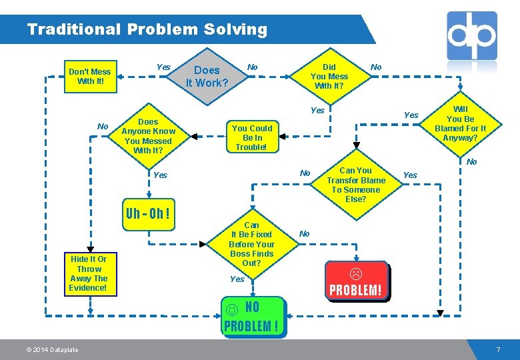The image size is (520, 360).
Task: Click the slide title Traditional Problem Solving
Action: pos(147,30)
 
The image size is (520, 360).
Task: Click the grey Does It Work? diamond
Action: pos(207,77)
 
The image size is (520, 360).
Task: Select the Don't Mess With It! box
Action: pos(90,77)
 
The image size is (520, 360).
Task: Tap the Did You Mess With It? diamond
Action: pos(329,77)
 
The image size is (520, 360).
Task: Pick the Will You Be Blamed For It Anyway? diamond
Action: pos(460,123)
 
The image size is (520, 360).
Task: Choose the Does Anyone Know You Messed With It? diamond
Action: pos(148,136)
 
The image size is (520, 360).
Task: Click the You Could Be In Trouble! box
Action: pos(252,137)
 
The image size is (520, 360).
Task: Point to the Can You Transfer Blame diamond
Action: pos(356,185)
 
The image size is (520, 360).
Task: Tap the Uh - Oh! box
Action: pos(147,215)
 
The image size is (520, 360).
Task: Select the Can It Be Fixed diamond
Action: pos(251,244)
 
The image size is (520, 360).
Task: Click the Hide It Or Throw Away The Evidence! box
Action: pos(89,273)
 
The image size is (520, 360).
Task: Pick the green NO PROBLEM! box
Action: pos(253,317)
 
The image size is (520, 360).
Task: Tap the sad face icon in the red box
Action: pos(356,273)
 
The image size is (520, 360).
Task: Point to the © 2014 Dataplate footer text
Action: pos(53,350)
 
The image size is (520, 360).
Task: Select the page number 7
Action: pos(497,350)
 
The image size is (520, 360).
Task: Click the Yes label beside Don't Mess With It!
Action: pos(163,67)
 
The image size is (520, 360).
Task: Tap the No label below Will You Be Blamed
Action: pos(472,162)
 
